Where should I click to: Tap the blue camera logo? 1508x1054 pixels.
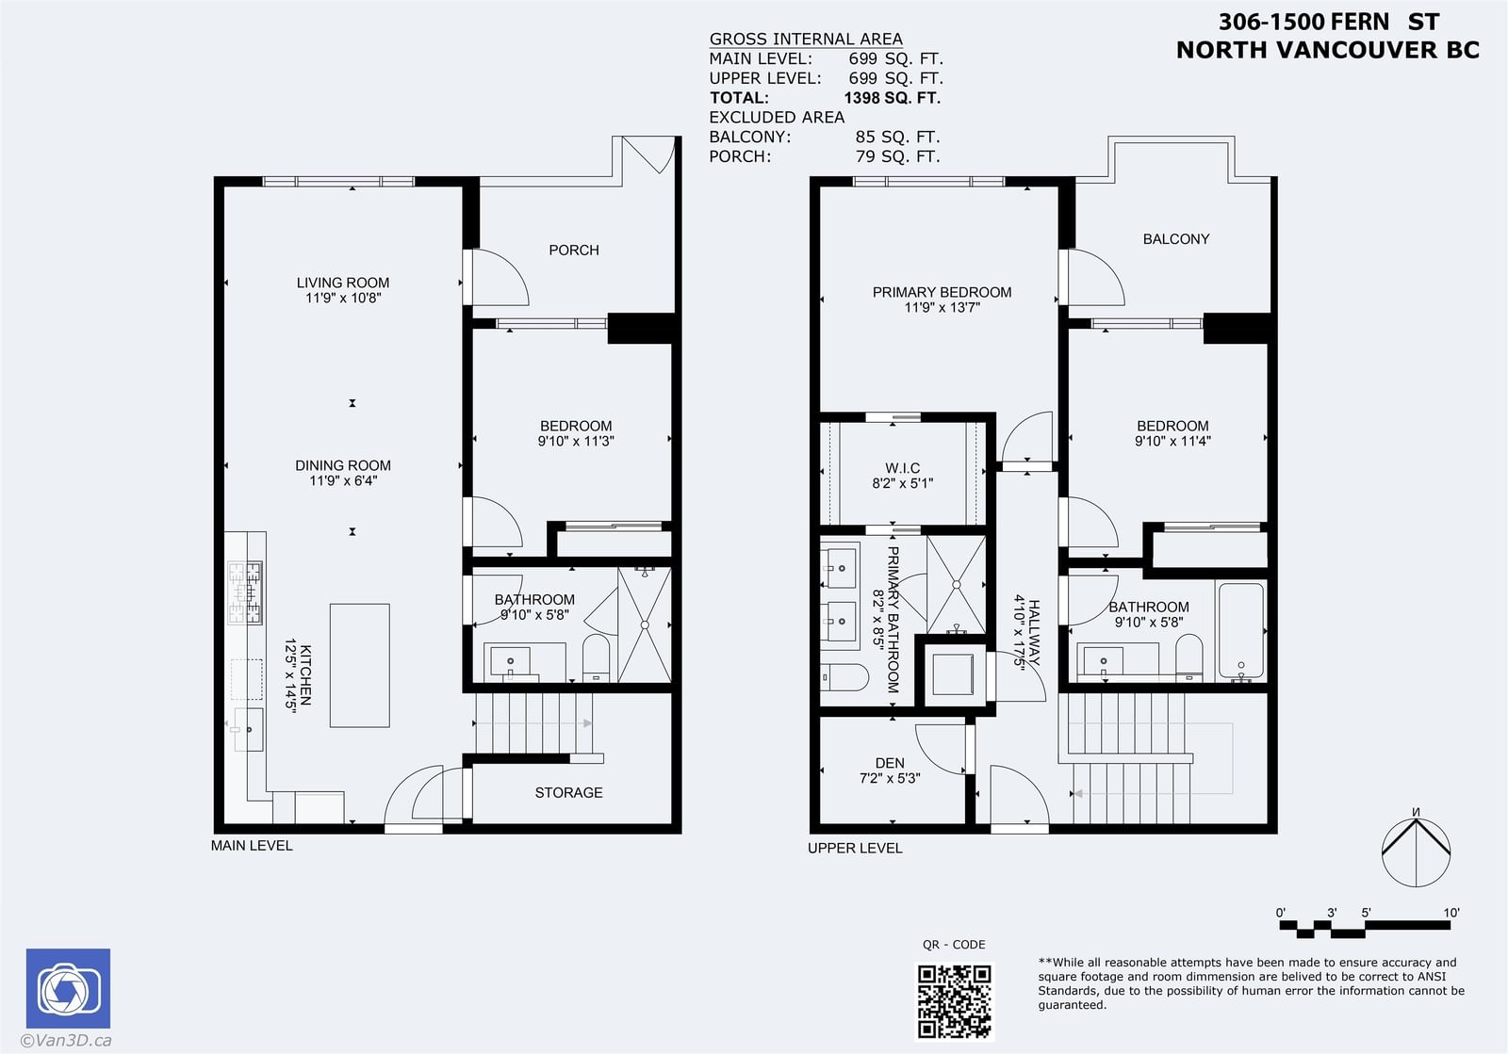pyautogui.click(x=68, y=988)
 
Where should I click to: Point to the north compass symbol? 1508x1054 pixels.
pyautogui.click(x=1416, y=850)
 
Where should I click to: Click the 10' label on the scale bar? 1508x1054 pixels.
pyautogui.click(x=1451, y=913)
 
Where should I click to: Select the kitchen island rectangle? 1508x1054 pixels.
pyautogui.click(x=359, y=665)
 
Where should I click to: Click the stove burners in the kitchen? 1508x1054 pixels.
pyautogui.click(x=245, y=592)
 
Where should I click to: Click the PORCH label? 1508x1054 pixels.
pyautogui.click(x=574, y=251)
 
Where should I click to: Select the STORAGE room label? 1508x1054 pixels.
pyautogui.click(x=569, y=793)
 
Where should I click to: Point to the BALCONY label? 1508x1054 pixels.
pyautogui.click(x=1176, y=239)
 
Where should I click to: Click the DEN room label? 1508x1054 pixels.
pyautogui.click(x=890, y=763)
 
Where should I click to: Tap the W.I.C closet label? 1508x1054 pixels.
pyautogui.click(x=902, y=467)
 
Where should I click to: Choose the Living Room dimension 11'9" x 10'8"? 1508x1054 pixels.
pyautogui.click(x=343, y=298)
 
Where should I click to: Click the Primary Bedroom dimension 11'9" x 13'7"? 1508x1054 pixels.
pyautogui.click(x=942, y=307)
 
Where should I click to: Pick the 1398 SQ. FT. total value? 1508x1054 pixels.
pyautogui.click(x=892, y=98)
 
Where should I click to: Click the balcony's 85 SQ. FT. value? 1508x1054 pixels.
pyautogui.click(x=897, y=138)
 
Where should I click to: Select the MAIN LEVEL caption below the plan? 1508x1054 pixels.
pyautogui.click(x=252, y=846)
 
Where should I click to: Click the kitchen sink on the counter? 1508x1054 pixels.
pyautogui.click(x=249, y=729)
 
